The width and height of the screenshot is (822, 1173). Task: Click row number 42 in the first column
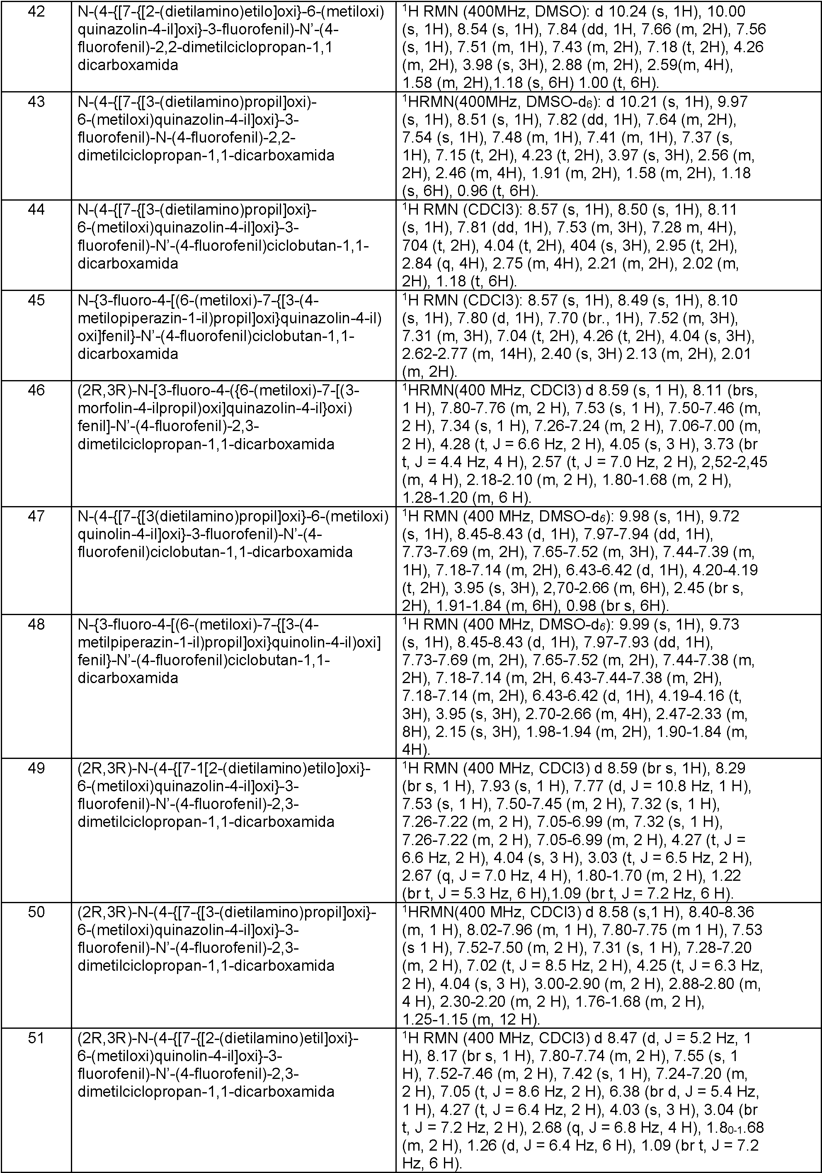coord(36,11)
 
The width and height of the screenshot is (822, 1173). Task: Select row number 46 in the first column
coord(36,391)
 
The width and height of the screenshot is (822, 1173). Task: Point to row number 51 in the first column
coord(36,1040)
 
